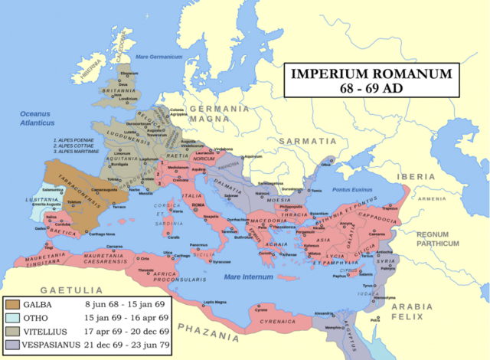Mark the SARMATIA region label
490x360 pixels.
point(305,142)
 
